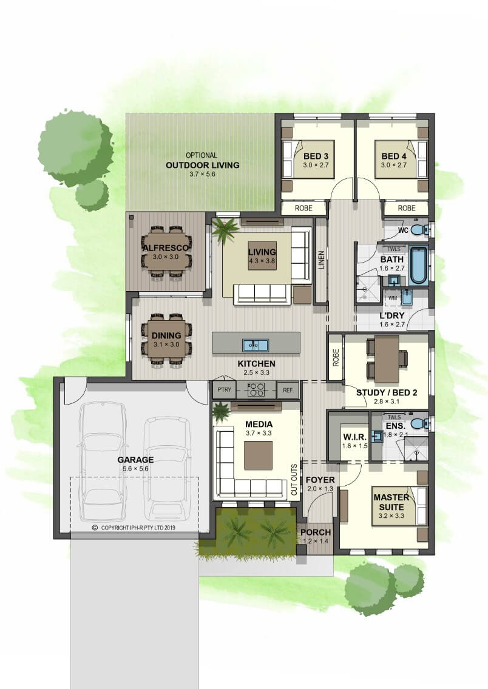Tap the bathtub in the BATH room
pyautogui.click(x=418, y=264)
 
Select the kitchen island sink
pyautogui.click(x=256, y=345)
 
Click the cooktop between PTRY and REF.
pyautogui.click(x=256, y=390)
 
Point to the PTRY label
pyautogui.click(x=224, y=390)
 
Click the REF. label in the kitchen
pyautogui.click(x=288, y=390)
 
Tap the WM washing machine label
pyautogui.click(x=393, y=298)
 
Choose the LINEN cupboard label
pyautogui.click(x=321, y=260)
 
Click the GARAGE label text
pyautogui.click(x=135, y=460)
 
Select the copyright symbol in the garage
pyautogui.click(x=95, y=527)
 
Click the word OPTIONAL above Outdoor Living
pyautogui.click(x=202, y=155)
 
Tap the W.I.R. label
pyautogui.click(x=354, y=437)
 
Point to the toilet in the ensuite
pyautogui.click(x=420, y=424)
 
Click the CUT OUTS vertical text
pyautogui.click(x=294, y=479)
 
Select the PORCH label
pyautogui.click(x=316, y=533)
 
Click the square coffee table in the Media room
pyautogui.click(x=259, y=455)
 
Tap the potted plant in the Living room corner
pyautogui.click(x=226, y=230)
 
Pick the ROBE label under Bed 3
pyautogui.click(x=303, y=208)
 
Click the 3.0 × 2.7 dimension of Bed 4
pyautogui.click(x=393, y=165)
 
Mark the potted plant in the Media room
pyautogui.click(x=221, y=412)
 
